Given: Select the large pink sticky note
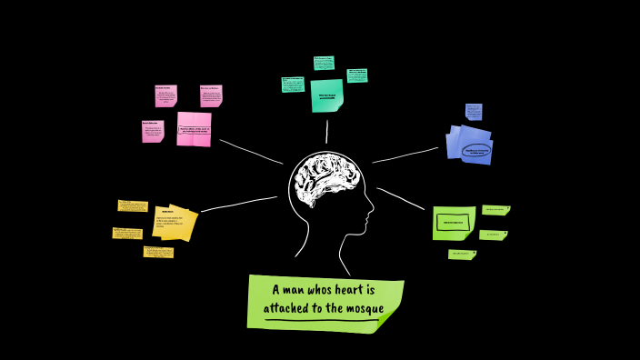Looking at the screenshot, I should click(x=194, y=128).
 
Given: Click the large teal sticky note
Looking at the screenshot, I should click(x=326, y=95).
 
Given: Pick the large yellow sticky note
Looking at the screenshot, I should click(x=174, y=224).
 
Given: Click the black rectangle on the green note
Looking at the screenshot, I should click(x=452, y=222).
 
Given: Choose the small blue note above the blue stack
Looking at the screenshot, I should click(x=474, y=111).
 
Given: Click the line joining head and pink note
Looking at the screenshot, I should click(x=250, y=151).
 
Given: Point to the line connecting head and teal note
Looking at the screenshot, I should click(x=327, y=132).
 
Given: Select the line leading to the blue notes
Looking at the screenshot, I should click(x=405, y=155).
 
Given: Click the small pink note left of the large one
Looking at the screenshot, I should click(x=153, y=131).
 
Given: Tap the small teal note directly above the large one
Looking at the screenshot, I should click(x=324, y=63).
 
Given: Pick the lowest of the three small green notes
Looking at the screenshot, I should click(x=461, y=255).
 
